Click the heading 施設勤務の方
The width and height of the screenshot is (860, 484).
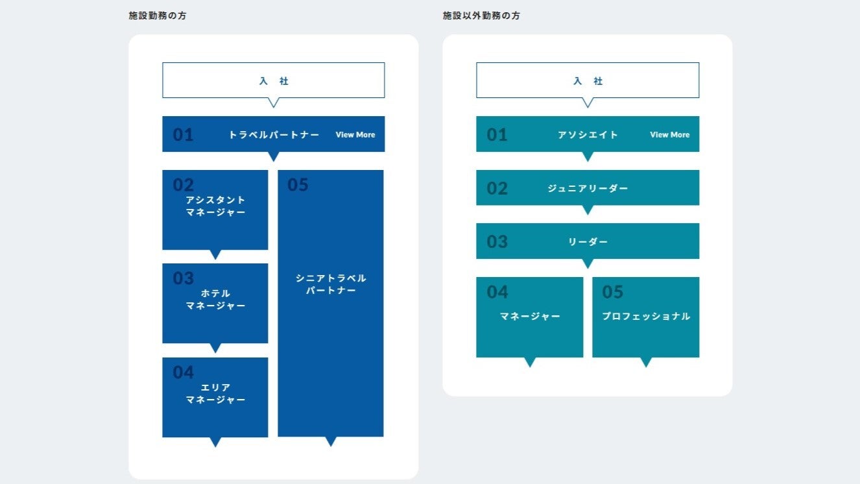tap(158, 16)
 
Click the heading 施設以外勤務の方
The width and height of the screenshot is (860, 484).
tap(481, 16)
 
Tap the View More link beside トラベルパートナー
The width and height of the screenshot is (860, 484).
tap(355, 135)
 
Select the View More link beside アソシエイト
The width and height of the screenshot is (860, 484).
tap(669, 135)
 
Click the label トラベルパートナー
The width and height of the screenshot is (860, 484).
tap(274, 135)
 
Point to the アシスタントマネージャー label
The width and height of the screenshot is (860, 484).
tap(215, 206)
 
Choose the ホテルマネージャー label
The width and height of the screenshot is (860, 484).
tap(215, 299)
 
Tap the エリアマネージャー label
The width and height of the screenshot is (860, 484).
tap(215, 393)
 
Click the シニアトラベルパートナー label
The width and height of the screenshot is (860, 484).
tap(331, 284)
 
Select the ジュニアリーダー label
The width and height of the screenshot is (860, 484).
tap(588, 188)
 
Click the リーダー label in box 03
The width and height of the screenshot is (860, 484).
tap(588, 242)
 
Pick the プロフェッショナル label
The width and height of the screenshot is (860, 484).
tap(646, 317)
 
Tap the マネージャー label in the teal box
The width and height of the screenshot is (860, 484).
tap(530, 317)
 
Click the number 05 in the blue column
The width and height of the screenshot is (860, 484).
tap(298, 185)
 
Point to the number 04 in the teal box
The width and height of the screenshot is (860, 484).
tap(497, 292)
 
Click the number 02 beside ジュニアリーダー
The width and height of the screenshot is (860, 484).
tap(497, 189)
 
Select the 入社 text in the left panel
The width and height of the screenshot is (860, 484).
tap(274, 81)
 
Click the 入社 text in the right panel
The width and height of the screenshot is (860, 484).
tap(588, 81)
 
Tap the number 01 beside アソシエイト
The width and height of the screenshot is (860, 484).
tap(497, 135)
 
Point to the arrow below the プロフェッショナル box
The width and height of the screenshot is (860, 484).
tap(646, 362)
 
